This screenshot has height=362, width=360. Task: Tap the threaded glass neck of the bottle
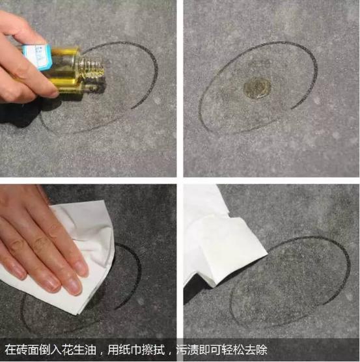tap(90, 68)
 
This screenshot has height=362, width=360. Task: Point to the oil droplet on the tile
tap(257, 88)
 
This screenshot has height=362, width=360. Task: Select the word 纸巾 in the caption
tap(130, 350)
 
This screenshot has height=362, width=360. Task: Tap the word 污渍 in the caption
tap(187, 350)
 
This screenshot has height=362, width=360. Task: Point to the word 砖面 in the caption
tap(28, 350)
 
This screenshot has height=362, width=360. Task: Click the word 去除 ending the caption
tap(256, 350)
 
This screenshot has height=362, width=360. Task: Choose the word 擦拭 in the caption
tap(153, 350)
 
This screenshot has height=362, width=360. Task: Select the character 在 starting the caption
tap(10, 350)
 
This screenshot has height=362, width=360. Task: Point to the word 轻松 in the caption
tap(233, 350)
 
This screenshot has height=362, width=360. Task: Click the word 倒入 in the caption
tap(51, 350)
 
